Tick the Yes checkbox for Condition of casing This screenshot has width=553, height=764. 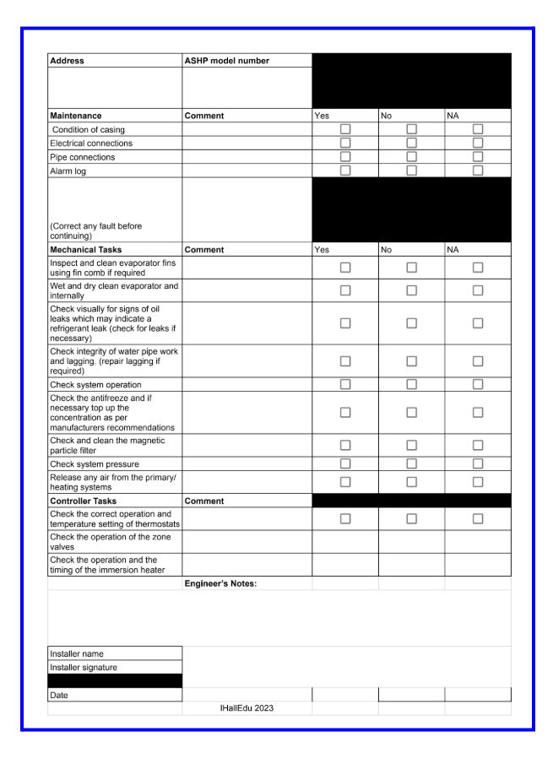pos(344,129)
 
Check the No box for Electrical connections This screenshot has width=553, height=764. pos(411,144)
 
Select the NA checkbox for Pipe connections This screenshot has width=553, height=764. pos(478,158)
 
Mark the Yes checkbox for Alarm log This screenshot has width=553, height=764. pos(344,171)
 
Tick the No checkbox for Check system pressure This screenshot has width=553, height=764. pos(411,463)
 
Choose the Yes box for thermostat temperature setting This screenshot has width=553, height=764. pos(344,519)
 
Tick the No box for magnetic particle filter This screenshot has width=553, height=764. pos(411,445)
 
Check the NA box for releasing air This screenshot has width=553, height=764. pos(478,481)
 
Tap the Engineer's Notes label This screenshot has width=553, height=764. pos(220,583)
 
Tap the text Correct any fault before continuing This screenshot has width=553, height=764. pos(97,230)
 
